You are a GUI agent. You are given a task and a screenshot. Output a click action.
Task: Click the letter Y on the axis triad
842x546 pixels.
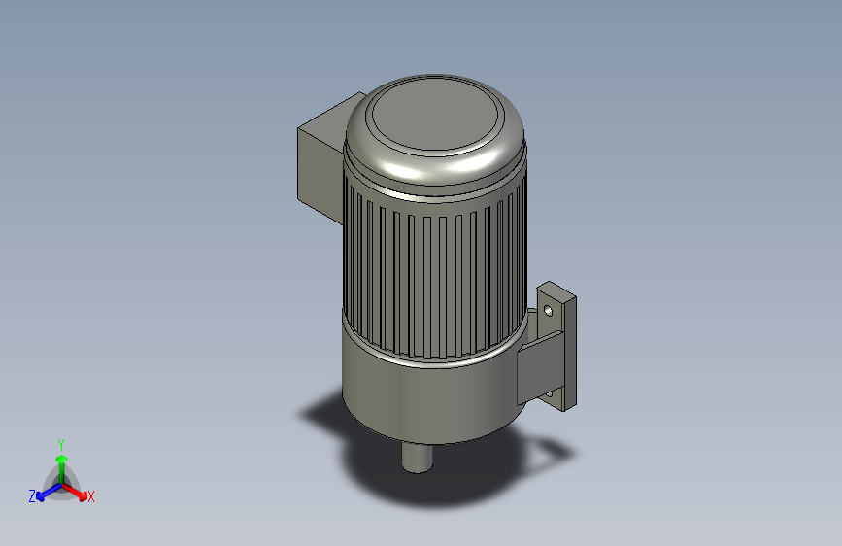coord(61,443)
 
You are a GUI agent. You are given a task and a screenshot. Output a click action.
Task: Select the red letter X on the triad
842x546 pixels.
coord(91,497)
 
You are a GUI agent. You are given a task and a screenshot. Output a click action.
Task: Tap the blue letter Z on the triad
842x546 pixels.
coord(32,496)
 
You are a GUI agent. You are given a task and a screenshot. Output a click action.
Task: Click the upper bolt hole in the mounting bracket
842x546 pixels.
coord(549,311)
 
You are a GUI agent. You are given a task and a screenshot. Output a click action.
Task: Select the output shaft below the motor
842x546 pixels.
coord(419,456)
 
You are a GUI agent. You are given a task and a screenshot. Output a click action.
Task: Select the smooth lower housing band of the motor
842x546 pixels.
coord(427,398)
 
